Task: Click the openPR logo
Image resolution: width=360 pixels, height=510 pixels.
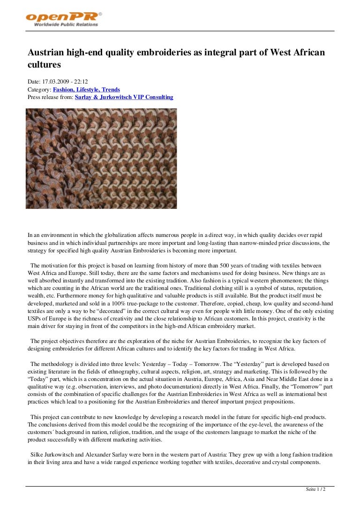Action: (x=62, y=17)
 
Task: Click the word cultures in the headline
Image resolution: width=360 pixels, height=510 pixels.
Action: (x=44, y=64)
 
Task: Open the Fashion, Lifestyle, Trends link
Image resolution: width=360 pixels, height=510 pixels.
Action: (x=86, y=90)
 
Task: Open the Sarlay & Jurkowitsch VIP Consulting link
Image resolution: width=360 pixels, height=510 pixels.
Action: (x=124, y=97)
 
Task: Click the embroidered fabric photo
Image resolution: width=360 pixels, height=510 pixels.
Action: (x=101, y=159)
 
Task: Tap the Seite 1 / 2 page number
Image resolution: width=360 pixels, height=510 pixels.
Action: (x=315, y=489)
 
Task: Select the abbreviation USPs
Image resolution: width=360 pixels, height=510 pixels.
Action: (x=36, y=319)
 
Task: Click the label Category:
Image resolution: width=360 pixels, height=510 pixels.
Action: (x=39, y=90)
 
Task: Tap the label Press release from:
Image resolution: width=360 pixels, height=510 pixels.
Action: (x=50, y=97)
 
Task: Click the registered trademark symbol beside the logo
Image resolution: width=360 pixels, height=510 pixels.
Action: (x=100, y=14)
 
